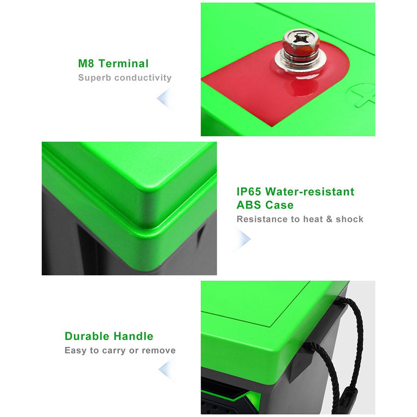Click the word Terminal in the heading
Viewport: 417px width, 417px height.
[x=124, y=63]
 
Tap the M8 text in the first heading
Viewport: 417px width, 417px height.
[x=86, y=63]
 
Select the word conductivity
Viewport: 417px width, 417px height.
[x=143, y=78]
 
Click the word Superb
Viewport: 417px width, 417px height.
[x=95, y=78]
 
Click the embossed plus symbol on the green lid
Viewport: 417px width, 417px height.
[x=363, y=95]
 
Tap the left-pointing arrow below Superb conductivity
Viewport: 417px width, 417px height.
[x=166, y=98]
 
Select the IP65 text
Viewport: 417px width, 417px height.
[x=249, y=191]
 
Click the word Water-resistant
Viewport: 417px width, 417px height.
[x=310, y=191]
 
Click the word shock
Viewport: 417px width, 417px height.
[x=349, y=219]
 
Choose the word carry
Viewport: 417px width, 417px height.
[x=114, y=351]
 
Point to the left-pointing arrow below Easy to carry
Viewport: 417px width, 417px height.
[x=167, y=369]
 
